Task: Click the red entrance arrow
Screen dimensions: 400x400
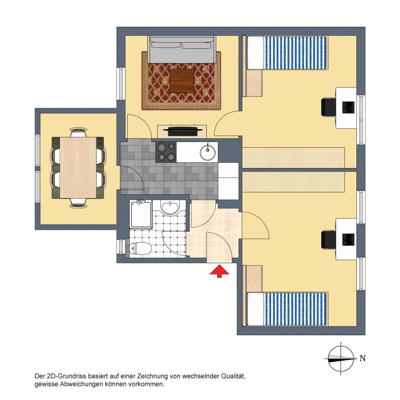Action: [x=219, y=272]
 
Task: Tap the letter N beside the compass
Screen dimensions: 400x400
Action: [x=362, y=358]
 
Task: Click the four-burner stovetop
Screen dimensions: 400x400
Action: [x=166, y=152]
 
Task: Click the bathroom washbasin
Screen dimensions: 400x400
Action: [x=170, y=207]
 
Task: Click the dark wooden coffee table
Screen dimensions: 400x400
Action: [x=182, y=81]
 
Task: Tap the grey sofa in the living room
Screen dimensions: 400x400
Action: [x=182, y=49]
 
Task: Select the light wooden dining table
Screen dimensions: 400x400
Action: [x=78, y=167]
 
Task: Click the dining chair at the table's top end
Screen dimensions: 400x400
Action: [x=78, y=132]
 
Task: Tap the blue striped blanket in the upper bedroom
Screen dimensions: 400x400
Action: [x=295, y=52]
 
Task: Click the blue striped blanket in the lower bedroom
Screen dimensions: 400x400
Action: [x=295, y=309]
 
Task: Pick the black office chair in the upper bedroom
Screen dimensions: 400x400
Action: [x=328, y=107]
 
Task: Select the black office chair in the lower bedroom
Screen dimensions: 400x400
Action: [x=328, y=239]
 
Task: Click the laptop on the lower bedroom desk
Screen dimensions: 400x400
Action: [x=348, y=239]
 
